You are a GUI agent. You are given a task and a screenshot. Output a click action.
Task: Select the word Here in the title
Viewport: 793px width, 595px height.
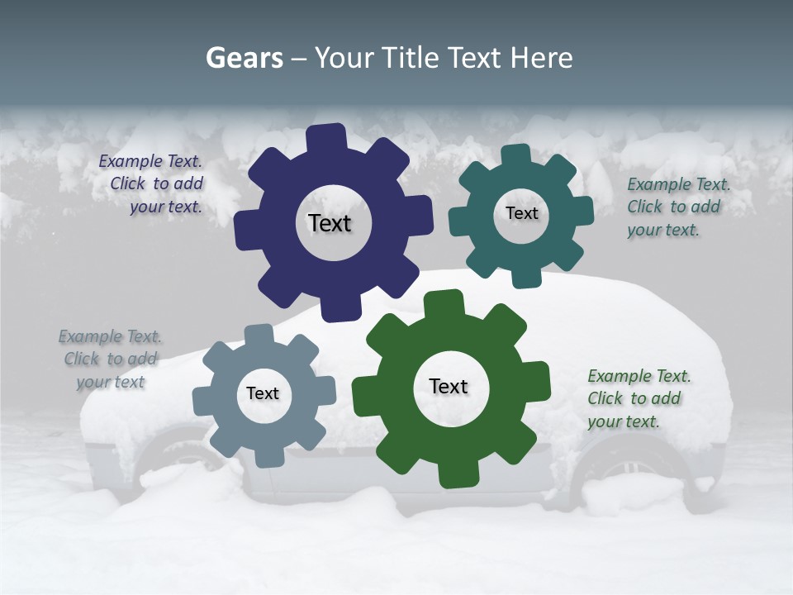point(541,58)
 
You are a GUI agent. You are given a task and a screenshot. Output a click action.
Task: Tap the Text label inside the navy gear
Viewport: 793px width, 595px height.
point(330,223)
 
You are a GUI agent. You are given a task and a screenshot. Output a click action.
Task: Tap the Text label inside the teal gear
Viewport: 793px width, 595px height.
point(521,213)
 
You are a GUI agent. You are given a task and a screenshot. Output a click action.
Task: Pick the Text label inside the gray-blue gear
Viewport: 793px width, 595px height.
point(263,393)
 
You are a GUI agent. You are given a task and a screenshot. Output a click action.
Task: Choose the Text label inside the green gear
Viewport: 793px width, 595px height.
point(449,386)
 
